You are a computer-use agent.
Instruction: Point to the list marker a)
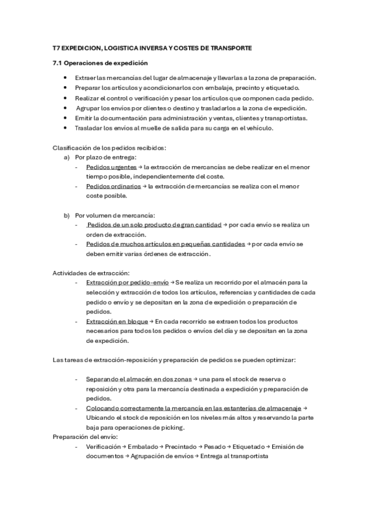67,157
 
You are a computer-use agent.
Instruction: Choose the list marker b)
67,215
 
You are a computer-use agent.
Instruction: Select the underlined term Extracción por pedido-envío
128,282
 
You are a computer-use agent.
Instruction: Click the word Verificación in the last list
103,446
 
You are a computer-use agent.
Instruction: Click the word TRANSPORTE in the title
230,47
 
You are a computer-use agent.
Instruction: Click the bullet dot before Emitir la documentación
65,118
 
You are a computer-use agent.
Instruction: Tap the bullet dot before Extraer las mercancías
65,78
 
